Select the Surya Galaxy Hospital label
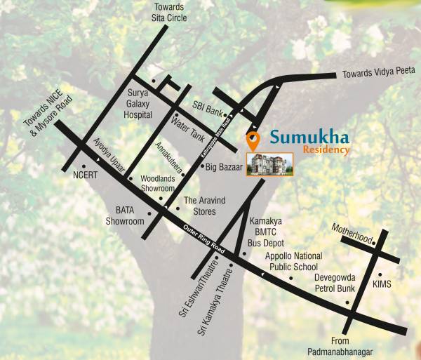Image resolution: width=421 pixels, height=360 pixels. pos(139,103)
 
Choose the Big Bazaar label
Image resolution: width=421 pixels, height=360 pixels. pos(224,167)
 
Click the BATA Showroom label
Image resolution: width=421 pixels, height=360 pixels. pos(124,215)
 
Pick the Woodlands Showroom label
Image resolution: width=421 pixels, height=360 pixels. pos(156,184)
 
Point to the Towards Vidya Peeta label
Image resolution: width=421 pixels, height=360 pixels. pos(378,72)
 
